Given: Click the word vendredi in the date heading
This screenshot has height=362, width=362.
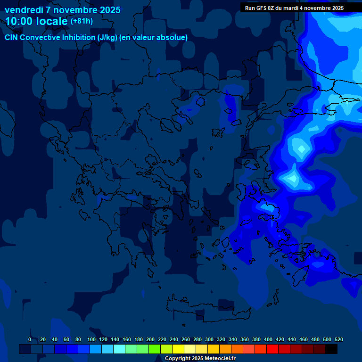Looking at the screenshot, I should click(x=24, y=10).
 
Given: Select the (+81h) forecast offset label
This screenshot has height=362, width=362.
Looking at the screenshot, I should click(x=81, y=21).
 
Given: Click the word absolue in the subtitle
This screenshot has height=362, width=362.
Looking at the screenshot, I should click(x=173, y=37).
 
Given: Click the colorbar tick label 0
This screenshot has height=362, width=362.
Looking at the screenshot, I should click(x=30, y=339).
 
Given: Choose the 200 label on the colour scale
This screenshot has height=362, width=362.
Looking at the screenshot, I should click(x=150, y=339).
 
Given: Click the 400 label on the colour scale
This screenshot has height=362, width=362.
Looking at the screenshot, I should click(x=268, y=339).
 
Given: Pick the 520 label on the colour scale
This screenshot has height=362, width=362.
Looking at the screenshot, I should click(x=338, y=339).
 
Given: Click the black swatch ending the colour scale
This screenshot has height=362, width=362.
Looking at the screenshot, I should click(x=331, y=349).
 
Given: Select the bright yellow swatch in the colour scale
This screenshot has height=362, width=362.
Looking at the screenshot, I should click(x=178, y=349).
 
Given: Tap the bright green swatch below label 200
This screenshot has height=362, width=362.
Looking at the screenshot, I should click(x=155, y=349).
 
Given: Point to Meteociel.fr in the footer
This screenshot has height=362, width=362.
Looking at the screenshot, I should click(x=220, y=359).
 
